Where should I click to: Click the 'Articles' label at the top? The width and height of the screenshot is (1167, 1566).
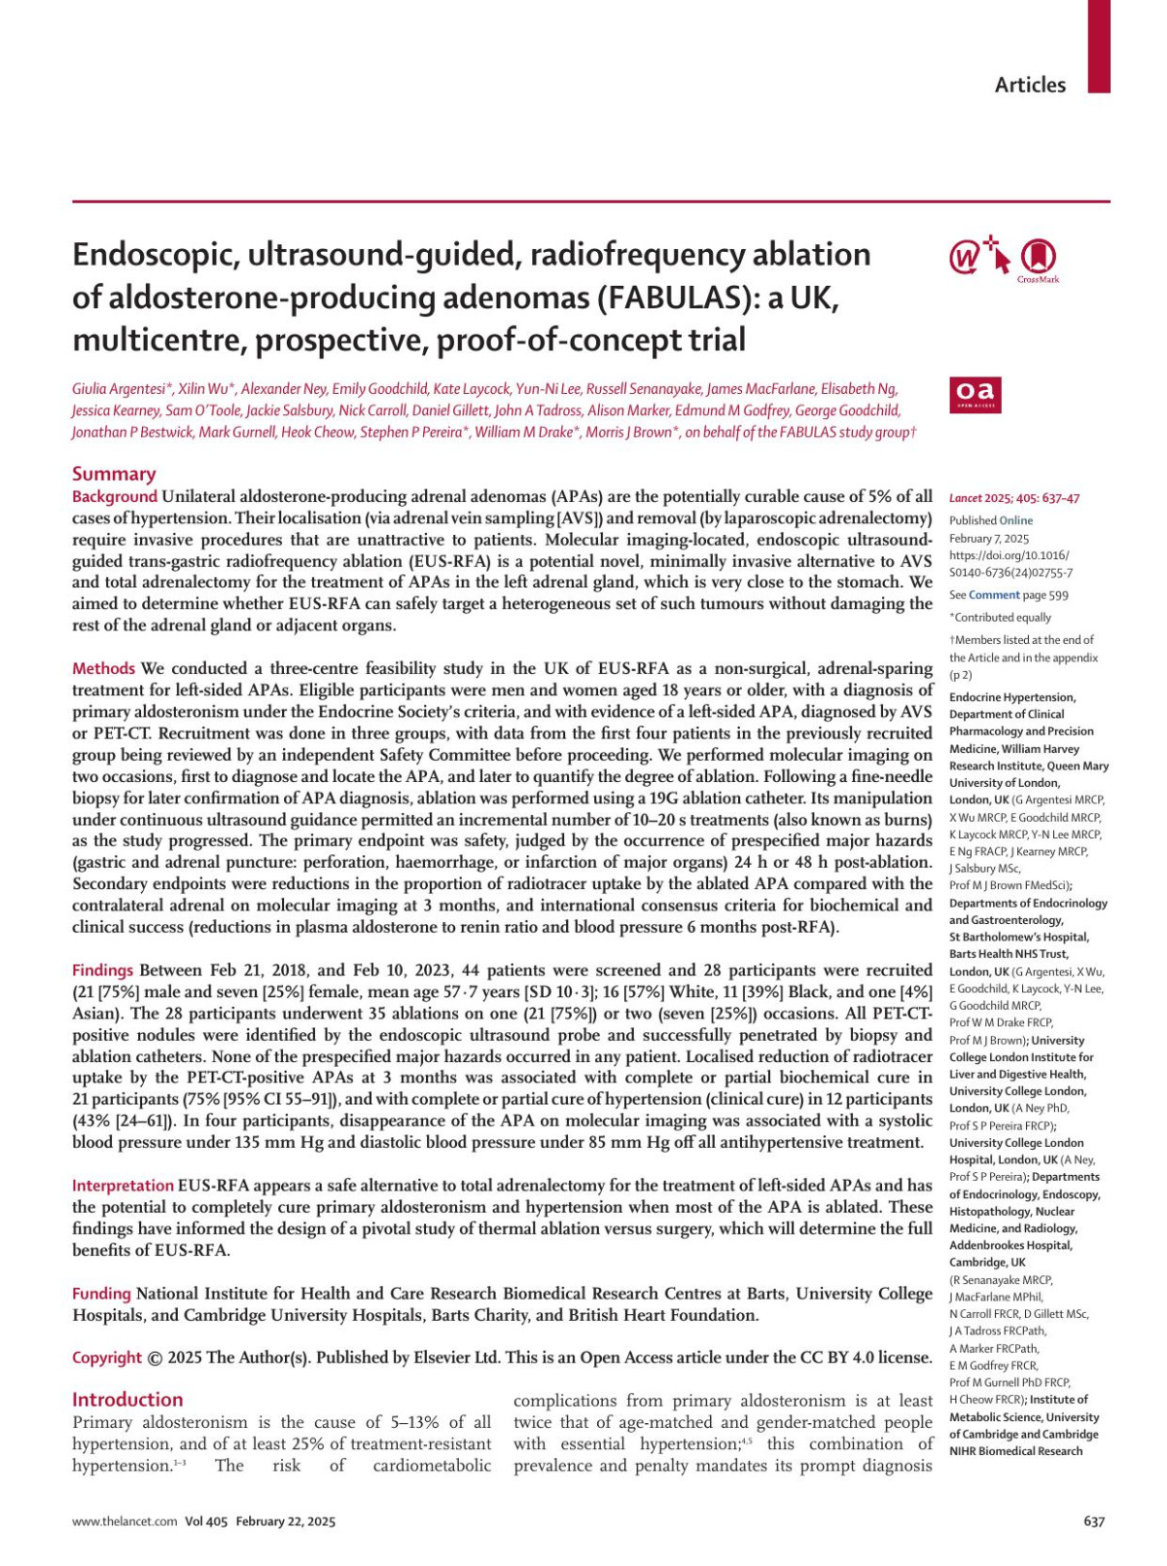(x=1029, y=85)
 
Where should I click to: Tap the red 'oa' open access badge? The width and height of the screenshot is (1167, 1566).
(x=975, y=394)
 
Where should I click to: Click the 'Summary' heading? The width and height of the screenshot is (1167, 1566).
(x=114, y=474)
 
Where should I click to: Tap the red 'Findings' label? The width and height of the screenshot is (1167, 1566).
(x=103, y=970)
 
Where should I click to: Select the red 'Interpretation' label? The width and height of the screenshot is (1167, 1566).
(x=123, y=1186)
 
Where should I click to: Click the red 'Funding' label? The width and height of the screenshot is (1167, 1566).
(x=101, y=1294)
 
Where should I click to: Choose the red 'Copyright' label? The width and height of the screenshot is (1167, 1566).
(x=107, y=1358)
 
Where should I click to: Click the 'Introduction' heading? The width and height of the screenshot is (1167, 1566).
(x=127, y=1400)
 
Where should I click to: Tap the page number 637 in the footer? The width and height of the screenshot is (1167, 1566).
(x=1094, y=1522)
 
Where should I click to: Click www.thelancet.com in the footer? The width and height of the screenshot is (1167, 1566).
(x=124, y=1522)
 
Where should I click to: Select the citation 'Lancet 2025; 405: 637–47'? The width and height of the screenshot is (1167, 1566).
(x=1014, y=499)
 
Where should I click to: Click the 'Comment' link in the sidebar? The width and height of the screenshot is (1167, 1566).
(x=994, y=595)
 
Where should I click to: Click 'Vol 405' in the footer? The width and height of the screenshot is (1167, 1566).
(x=205, y=1522)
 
